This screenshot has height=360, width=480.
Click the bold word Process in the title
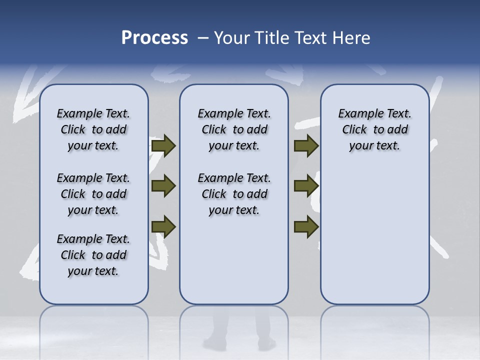(x=154, y=38)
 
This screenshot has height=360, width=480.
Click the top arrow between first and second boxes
(x=163, y=145)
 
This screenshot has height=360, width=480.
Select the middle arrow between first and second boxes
(x=163, y=186)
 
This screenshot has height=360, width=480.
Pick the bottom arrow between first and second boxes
(x=163, y=226)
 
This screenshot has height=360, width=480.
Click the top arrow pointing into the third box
(x=306, y=145)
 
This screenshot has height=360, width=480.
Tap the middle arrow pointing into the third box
(x=306, y=186)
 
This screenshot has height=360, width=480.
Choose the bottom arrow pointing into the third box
(x=306, y=226)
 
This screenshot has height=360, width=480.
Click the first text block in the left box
(x=93, y=129)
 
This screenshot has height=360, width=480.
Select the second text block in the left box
(x=93, y=194)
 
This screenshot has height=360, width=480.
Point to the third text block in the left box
(x=93, y=255)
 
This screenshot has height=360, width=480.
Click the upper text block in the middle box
(x=234, y=129)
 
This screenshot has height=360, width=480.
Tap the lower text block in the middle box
(x=234, y=194)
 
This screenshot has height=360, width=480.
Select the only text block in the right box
(x=374, y=129)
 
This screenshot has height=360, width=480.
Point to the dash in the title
(x=203, y=38)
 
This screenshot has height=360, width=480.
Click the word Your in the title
(x=231, y=38)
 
